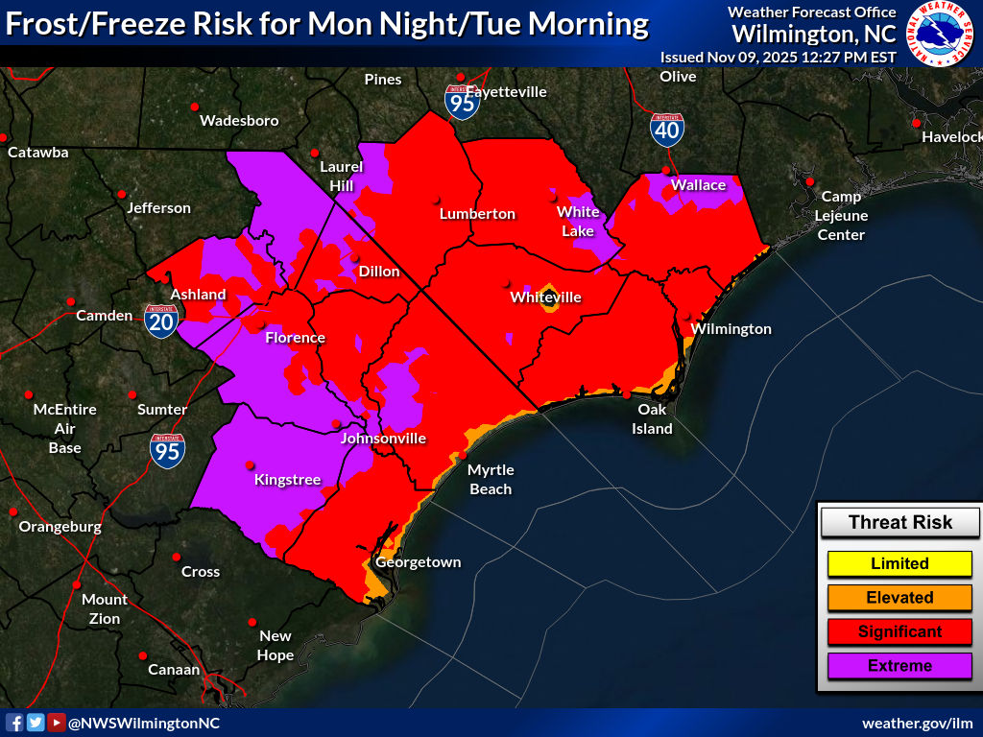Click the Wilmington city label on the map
(x=731, y=329)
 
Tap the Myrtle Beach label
(x=491, y=479)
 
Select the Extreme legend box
(x=899, y=666)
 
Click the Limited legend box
(x=899, y=563)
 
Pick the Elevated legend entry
(x=899, y=598)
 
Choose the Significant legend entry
(x=899, y=631)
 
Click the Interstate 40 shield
(x=666, y=129)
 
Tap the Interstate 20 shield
(x=160, y=321)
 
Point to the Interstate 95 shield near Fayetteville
(x=463, y=101)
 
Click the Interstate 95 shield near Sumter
(x=167, y=449)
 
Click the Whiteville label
(x=545, y=297)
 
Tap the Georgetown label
(x=418, y=562)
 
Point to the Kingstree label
(x=287, y=480)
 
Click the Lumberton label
(x=477, y=214)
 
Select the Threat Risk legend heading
(x=899, y=523)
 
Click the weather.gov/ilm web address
(x=917, y=723)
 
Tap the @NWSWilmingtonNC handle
(x=143, y=723)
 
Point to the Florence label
(x=295, y=338)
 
